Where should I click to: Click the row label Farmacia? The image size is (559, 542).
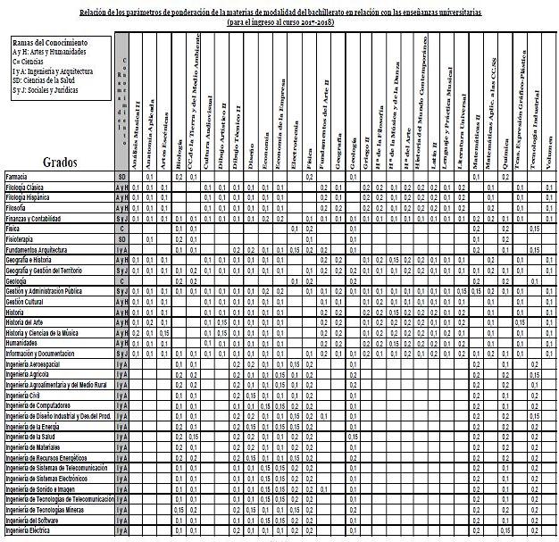(x=17, y=178)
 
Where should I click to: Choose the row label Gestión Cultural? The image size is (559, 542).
(x=27, y=301)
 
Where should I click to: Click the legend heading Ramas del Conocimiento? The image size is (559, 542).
(x=50, y=43)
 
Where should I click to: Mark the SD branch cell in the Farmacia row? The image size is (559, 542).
(x=121, y=178)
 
